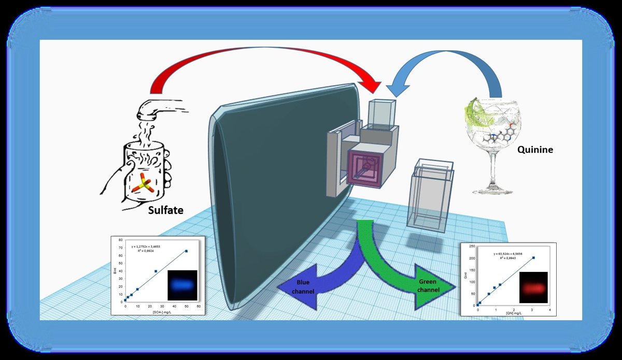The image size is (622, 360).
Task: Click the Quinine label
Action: pos(535,150)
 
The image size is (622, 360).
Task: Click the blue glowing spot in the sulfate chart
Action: pos(182,285)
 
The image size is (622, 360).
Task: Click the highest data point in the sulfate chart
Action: pos(187,251)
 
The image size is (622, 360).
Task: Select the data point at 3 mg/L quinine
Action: pos(533,257)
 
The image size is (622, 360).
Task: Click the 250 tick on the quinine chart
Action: pos(471,246)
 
